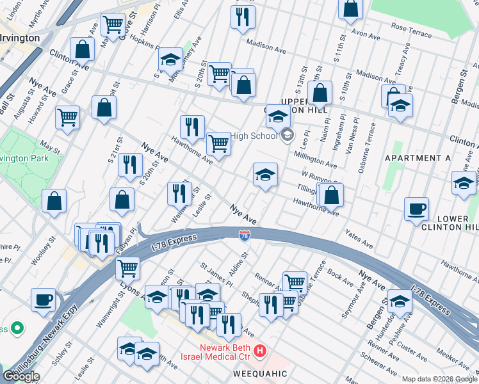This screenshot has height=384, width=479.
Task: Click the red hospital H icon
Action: click(x=260, y=351)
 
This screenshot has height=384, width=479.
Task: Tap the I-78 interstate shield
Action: click(x=244, y=236)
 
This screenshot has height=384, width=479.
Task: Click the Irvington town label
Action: click(x=20, y=38)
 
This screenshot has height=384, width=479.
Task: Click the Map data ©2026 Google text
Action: click(x=439, y=379)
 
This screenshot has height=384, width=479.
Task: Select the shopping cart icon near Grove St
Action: click(x=113, y=25)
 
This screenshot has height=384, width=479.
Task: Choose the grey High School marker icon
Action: click(x=287, y=134)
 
